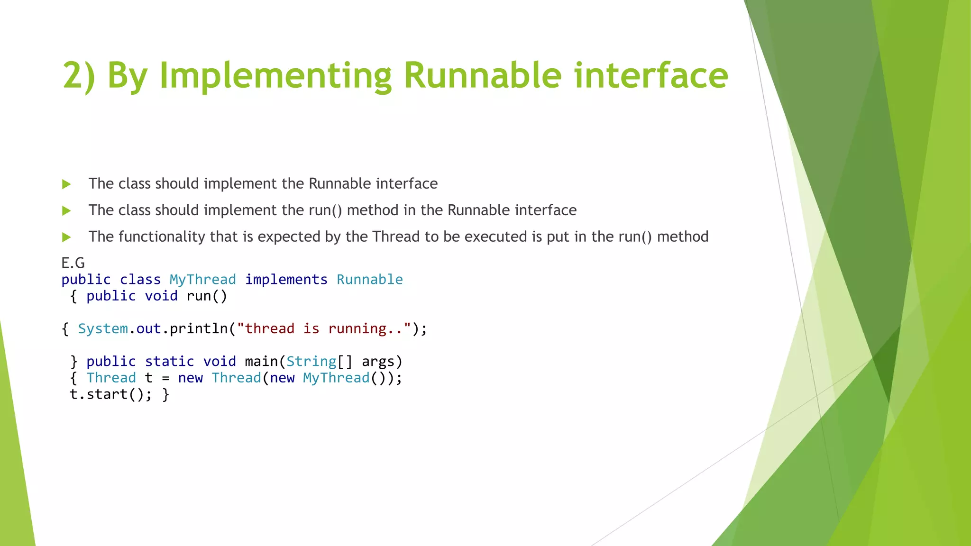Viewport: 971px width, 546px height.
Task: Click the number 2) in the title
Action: click(x=79, y=76)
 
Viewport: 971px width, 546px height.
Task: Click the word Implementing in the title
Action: click(x=275, y=76)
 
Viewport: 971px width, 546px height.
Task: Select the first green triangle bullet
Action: click(x=66, y=184)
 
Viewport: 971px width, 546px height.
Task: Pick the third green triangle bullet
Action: click(x=66, y=237)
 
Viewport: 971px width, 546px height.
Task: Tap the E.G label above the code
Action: click(x=73, y=263)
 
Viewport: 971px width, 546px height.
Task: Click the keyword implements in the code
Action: click(x=286, y=280)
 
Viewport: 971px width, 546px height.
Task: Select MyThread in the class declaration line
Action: click(x=202, y=280)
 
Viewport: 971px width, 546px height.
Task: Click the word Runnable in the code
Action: click(x=369, y=280)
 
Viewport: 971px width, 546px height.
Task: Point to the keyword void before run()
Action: click(x=161, y=296)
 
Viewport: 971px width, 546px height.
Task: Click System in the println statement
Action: click(x=103, y=329)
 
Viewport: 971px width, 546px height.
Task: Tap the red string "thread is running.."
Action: click(x=324, y=329)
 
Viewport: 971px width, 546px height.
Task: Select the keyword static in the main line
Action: click(x=169, y=362)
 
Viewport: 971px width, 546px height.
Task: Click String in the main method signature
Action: click(x=311, y=362)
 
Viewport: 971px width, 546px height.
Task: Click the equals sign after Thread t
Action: click(x=165, y=379)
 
